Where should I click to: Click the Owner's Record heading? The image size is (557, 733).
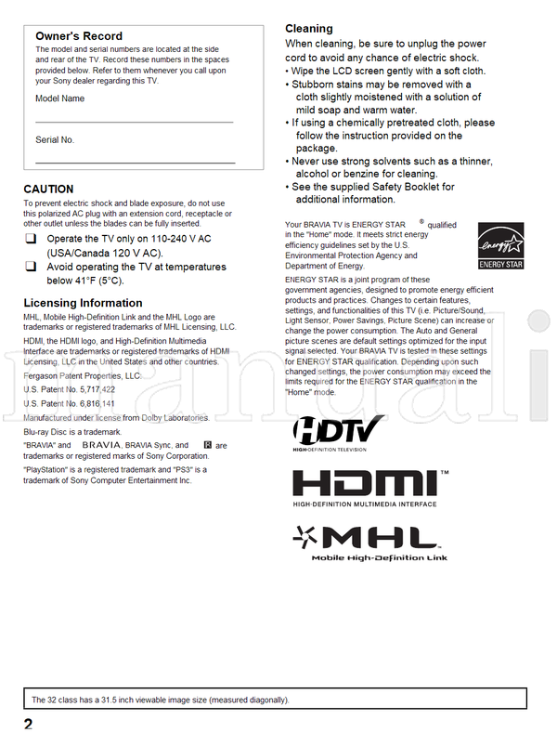78,36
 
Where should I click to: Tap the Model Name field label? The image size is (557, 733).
59,98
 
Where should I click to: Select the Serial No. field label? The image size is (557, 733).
55,140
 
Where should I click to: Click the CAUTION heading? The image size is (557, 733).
48,190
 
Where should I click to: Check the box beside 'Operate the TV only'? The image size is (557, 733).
31,240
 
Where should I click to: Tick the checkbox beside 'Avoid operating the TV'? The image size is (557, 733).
31,268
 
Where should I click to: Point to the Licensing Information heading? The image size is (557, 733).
83,303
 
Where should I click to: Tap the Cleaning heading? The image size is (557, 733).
308,29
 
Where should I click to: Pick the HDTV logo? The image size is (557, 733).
339,432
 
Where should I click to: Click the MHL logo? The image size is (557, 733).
370,542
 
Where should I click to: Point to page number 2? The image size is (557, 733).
29,723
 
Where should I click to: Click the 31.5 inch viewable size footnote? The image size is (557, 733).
160,700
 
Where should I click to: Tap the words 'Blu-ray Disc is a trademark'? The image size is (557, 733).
72,432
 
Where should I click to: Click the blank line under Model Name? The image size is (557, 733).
134,122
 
